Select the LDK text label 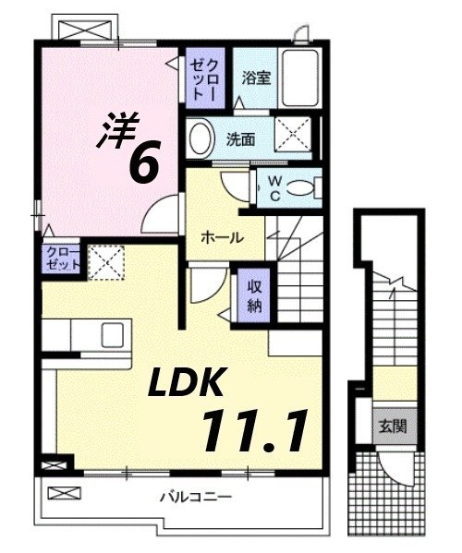pos(194,379)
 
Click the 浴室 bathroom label pos(256,78)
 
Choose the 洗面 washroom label pos(241,139)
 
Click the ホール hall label pos(223,237)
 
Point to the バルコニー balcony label pos(194,497)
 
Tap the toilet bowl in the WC pos(301,187)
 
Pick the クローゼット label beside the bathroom pos(204,78)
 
